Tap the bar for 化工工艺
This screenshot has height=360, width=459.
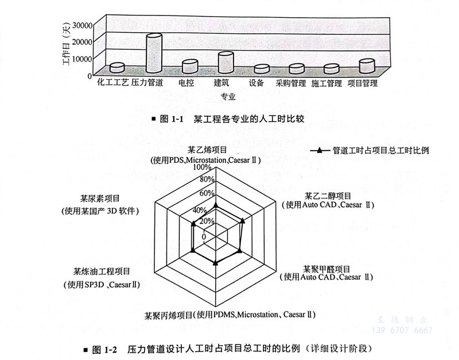(x=117, y=68)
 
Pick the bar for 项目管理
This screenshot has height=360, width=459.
(x=367, y=66)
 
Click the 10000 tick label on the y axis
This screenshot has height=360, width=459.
(x=81, y=58)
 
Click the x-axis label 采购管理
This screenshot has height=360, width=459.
(x=290, y=84)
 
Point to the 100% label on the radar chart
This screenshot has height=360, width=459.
(x=202, y=168)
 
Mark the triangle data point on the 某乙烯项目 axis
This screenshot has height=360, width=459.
(x=215, y=204)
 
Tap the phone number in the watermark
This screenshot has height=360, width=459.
(x=407, y=331)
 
